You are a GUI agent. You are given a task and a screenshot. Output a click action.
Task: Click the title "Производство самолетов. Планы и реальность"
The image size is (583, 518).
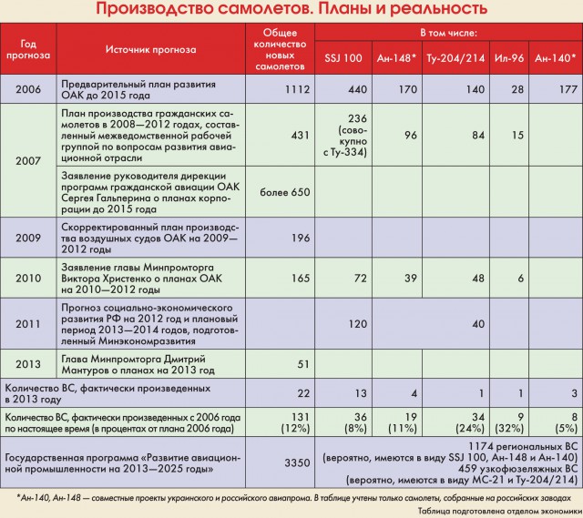(291, 10)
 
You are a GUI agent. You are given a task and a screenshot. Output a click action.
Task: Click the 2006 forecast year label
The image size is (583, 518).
(27, 88)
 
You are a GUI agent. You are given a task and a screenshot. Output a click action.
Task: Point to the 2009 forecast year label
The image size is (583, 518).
(27, 238)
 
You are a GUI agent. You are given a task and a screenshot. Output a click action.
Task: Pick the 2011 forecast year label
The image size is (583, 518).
(27, 322)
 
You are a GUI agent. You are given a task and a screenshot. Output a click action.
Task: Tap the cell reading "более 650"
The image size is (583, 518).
(285, 192)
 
